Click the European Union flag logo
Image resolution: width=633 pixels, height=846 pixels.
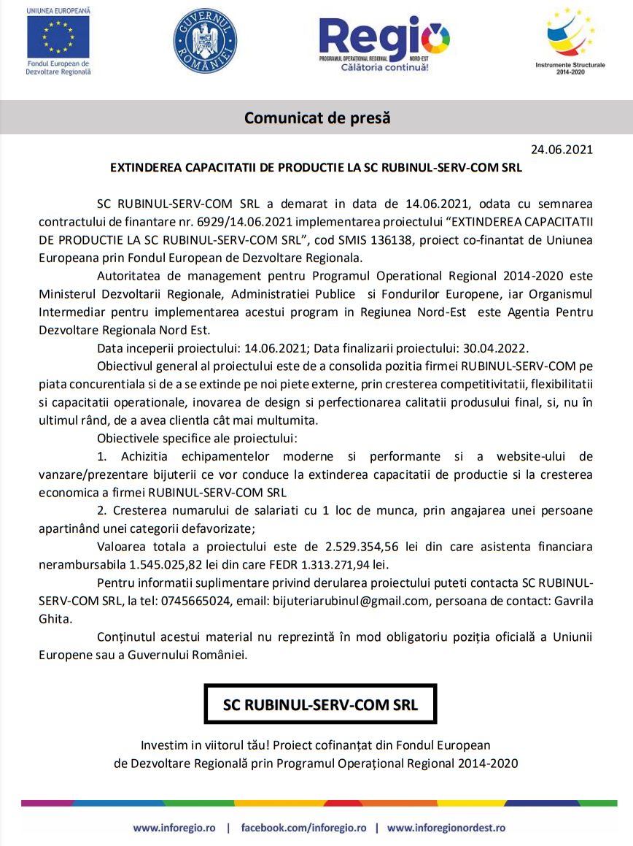tap(58, 37)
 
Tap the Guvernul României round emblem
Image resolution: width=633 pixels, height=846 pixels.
tap(205, 40)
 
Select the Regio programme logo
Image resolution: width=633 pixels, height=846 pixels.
tap(384, 38)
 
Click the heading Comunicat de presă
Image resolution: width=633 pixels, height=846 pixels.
tap(317, 118)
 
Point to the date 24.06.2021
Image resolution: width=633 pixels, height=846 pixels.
tap(562, 150)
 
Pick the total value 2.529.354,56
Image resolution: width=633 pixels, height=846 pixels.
tap(362, 546)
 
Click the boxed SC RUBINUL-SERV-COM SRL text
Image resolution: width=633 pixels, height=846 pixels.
tap(320, 705)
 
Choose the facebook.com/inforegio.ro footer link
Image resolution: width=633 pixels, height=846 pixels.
tap(303, 828)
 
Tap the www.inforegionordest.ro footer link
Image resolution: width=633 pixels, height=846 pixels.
tap(446, 828)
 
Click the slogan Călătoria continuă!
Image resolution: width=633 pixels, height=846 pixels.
tap(384, 67)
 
